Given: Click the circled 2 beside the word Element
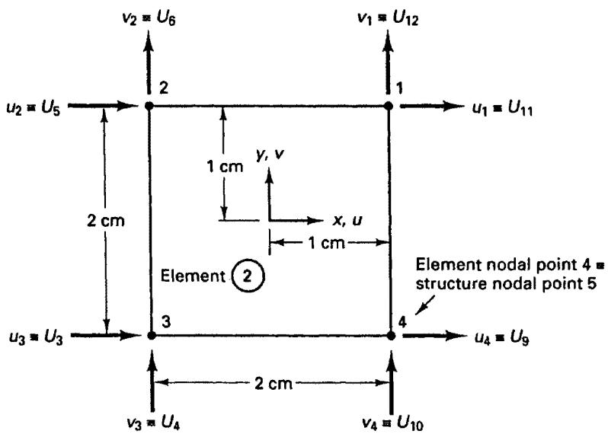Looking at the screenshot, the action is (248, 276).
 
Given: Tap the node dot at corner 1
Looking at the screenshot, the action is (389, 106).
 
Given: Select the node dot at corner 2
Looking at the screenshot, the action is (149, 105).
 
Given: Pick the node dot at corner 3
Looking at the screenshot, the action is (152, 335).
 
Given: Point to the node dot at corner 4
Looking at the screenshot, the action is (391, 335).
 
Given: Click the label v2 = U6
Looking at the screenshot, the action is (149, 19).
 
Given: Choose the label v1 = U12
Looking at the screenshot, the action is (388, 19).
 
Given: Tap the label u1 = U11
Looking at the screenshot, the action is (503, 109).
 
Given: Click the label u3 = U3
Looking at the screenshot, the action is (36, 338).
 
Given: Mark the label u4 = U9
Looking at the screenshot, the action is (502, 338).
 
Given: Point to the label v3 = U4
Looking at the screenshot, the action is (154, 423).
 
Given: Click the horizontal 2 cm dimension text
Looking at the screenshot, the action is (274, 384).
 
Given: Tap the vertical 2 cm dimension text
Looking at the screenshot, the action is (106, 221).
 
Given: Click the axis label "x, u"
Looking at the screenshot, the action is (347, 221).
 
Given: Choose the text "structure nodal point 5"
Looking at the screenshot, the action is (506, 284).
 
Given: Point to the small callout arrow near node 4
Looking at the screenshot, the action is (425, 305).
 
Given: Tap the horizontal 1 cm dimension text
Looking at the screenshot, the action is (326, 243).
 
